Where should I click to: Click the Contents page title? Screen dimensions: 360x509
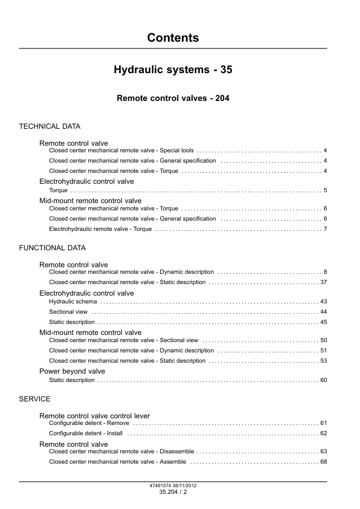[x=173, y=38]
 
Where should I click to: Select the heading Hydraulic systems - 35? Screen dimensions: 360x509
[x=173, y=70]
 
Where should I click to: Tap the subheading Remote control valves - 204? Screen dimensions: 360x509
[x=173, y=98]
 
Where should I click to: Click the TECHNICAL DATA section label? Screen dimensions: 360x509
[x=50, y=127]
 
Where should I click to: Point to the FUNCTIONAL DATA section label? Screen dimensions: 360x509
[x=52, y=248]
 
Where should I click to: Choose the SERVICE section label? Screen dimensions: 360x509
[x=34, y=399]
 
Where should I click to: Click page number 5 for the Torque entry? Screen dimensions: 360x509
[x=325, y=190]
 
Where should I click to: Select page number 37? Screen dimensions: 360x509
[x=323, y=282]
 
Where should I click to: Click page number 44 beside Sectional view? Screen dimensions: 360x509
[x=323, y=312]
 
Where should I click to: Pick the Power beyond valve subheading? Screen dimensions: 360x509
[x=72, y=371]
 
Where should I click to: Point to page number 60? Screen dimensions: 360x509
[x=323, y=380]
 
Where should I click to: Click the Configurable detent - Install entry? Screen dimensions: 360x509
[x=85, y=433]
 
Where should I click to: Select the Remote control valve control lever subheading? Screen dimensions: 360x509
[x=94, y=416]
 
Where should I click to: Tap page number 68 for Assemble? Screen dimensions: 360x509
[x=323, y=462]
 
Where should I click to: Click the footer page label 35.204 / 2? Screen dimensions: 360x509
[x=173, y=493]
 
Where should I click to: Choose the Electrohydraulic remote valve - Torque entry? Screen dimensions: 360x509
[x=100, y=229]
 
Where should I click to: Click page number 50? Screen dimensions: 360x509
[x=323, y=340]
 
